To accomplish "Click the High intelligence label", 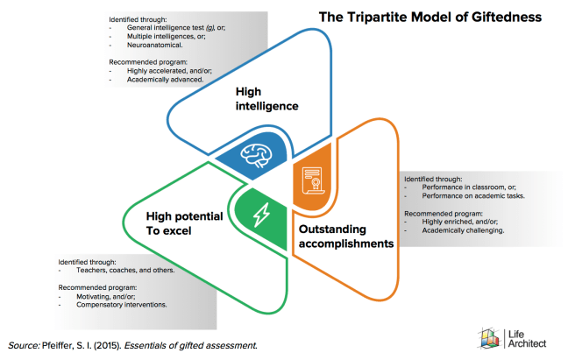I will click(267, 98).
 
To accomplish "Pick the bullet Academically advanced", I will click(166, 79).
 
